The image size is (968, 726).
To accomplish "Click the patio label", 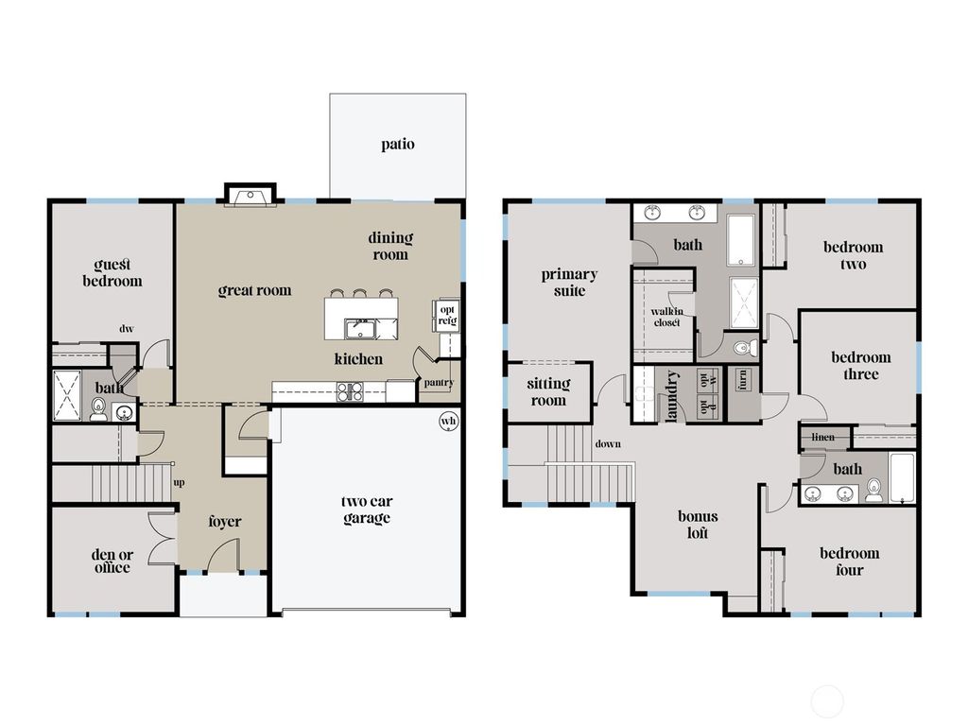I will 398,145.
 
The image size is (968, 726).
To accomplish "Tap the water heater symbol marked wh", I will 448,422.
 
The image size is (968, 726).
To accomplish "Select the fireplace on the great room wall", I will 251,196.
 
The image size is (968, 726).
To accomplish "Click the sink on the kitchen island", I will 361,329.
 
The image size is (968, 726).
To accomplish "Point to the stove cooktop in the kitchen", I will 350,390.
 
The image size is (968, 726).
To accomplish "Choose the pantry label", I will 439,383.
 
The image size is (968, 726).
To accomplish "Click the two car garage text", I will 367,510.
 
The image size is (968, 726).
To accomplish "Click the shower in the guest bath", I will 68,394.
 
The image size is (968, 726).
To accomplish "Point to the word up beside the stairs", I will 179,483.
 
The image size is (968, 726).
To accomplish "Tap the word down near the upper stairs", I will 608,443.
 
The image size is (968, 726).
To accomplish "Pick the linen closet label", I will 823,438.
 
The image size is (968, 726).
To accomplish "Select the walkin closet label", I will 665,317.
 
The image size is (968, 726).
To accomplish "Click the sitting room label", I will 548,391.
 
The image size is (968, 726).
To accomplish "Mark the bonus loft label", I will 698,525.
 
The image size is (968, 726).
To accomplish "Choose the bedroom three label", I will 860,365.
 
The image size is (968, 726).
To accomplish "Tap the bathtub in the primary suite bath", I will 742,240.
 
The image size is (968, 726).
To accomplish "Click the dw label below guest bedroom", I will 126,329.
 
